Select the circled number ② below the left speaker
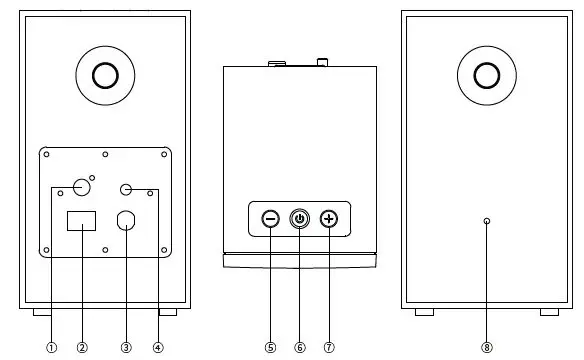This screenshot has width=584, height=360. [82, 348]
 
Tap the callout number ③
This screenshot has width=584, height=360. [126, 348]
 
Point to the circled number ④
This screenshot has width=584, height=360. [157, 348]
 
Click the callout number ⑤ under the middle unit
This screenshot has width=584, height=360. [270, 348]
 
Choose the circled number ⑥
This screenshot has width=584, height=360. [299, 348]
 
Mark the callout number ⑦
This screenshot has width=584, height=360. [329, 348]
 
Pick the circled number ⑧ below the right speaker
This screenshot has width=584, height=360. [487, 348]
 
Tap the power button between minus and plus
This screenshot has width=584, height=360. [299, 219]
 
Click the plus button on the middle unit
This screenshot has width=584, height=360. [329, 219]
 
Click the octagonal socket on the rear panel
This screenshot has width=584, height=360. [127, 222]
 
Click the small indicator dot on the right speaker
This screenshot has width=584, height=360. [487, 222]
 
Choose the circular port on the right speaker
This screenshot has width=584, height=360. [487, 75]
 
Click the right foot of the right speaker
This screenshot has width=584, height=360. [549, 312]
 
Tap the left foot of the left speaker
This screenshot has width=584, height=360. [42, 312]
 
